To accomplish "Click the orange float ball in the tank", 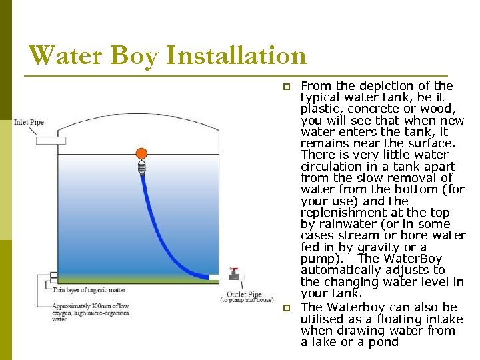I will point(141,154).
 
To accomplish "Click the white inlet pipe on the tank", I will point(51,141).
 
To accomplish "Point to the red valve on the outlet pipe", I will point(234,272).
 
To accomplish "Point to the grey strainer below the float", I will point(141,169).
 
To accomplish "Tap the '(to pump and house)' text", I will point(247,301).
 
